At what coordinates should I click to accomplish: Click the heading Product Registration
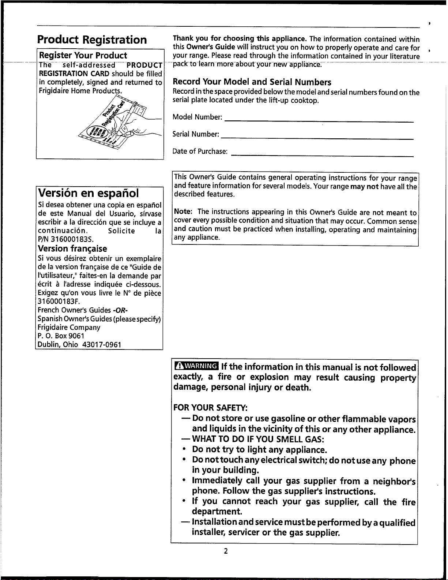click(x=92, y=40)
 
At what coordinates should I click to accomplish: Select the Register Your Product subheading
click(x=83, y=56)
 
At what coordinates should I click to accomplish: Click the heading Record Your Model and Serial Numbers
click(x=252, y=82)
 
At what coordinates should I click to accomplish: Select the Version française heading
click(x=72, y=249)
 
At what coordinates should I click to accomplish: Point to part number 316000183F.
click(x=59, y=302)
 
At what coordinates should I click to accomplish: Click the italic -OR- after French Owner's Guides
click(x=120, y=310)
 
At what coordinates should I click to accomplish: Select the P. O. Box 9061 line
click(x=61, y=336)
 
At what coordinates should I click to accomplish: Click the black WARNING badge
click(x=196, y=366)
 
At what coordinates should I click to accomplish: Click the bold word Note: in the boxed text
click(x=183, y=212)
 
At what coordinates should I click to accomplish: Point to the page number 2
click(x=226, y=551)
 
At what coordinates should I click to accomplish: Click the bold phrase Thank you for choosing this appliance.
click(x=240, y=38)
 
